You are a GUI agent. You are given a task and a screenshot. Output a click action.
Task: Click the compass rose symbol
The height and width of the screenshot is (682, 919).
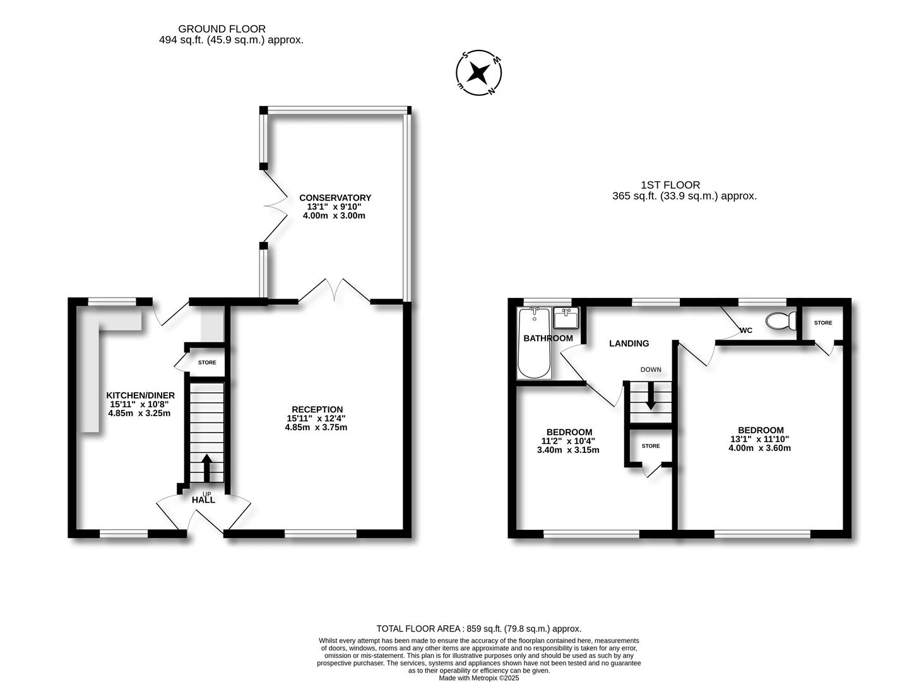click(478, 73)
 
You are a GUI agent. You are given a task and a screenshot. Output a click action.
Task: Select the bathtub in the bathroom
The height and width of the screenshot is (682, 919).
click(534, 343)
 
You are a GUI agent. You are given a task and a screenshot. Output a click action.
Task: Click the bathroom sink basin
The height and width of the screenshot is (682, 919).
click(566, 318)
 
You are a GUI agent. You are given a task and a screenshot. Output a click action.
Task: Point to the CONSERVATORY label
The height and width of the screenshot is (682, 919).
click(335, 198)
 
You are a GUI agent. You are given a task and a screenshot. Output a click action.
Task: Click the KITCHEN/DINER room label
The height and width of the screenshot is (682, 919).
click(141, 395)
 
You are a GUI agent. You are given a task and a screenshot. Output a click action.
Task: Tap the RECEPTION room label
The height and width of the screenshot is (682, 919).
click(317, 409)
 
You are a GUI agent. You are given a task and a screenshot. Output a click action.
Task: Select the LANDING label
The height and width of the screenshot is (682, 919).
click(629, 344)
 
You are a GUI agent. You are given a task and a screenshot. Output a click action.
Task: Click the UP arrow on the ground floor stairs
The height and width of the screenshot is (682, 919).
click(206, 468)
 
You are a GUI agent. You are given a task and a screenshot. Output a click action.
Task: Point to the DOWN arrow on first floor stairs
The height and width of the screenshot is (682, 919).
click(651, 395)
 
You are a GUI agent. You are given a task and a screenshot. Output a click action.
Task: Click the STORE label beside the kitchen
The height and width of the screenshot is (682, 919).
click(207, 362)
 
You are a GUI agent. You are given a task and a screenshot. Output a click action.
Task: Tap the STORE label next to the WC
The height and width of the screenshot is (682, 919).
click(823, 323)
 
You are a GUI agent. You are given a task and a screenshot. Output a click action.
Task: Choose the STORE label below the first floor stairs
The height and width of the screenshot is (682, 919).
click(651, 446)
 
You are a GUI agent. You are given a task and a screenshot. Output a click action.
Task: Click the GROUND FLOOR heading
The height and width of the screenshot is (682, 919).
click(222, 29)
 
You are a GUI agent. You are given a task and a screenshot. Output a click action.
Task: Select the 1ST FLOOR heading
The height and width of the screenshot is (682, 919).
click(670, 185)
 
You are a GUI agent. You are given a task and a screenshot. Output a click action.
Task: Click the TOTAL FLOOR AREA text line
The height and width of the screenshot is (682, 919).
click(479, 628)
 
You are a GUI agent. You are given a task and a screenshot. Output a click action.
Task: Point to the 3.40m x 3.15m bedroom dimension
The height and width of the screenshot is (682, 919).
click(568, 450)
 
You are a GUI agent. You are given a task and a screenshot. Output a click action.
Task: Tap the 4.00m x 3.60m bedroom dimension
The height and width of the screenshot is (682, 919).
click(759, 448)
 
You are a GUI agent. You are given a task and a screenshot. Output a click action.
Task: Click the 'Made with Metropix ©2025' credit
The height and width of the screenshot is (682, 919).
click(478, 678)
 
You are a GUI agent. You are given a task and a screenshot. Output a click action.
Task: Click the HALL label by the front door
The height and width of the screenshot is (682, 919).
click(203, 500)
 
